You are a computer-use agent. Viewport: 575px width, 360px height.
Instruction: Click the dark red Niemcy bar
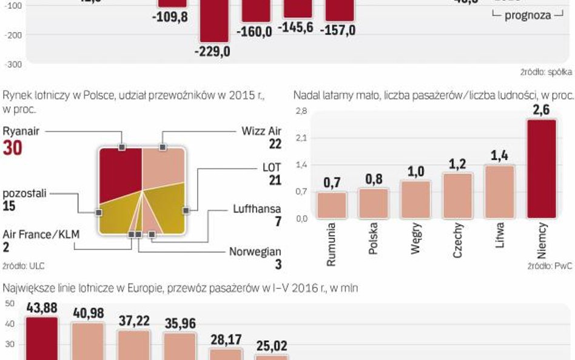pyautogui.click(x=541, y=168)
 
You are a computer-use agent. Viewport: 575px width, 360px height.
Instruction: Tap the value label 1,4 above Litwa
pyautogui.click(x=499, y=156)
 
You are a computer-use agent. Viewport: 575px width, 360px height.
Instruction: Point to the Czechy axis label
pyautogui.click(x=458, y=240)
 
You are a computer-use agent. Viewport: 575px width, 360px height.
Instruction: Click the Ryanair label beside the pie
pyautogui.click(x=21, y=131)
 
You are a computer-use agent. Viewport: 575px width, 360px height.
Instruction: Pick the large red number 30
pyautogui.click(x=13, y=148)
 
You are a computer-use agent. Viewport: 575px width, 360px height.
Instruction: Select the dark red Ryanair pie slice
pyautogui.click(x=120, y=173)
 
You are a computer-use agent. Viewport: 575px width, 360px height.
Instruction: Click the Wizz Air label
pyautogui.click(x=261, y=131)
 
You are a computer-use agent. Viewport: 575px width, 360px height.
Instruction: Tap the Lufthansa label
pyautogui.click(x=257, y=208)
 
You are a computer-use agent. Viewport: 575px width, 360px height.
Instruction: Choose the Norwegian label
pyautogui.click(x=255, y=251)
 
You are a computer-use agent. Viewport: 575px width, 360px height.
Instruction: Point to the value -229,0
pyautogui.click(x=212, y=52)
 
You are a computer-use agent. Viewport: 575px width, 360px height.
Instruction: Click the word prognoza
pyautogui.click(x=528, y=15)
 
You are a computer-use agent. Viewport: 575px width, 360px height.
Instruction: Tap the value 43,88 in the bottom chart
pyautogui.click(x=42, y=308)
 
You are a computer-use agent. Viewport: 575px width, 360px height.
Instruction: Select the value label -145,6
pyautogui.click(x=296, y=27)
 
